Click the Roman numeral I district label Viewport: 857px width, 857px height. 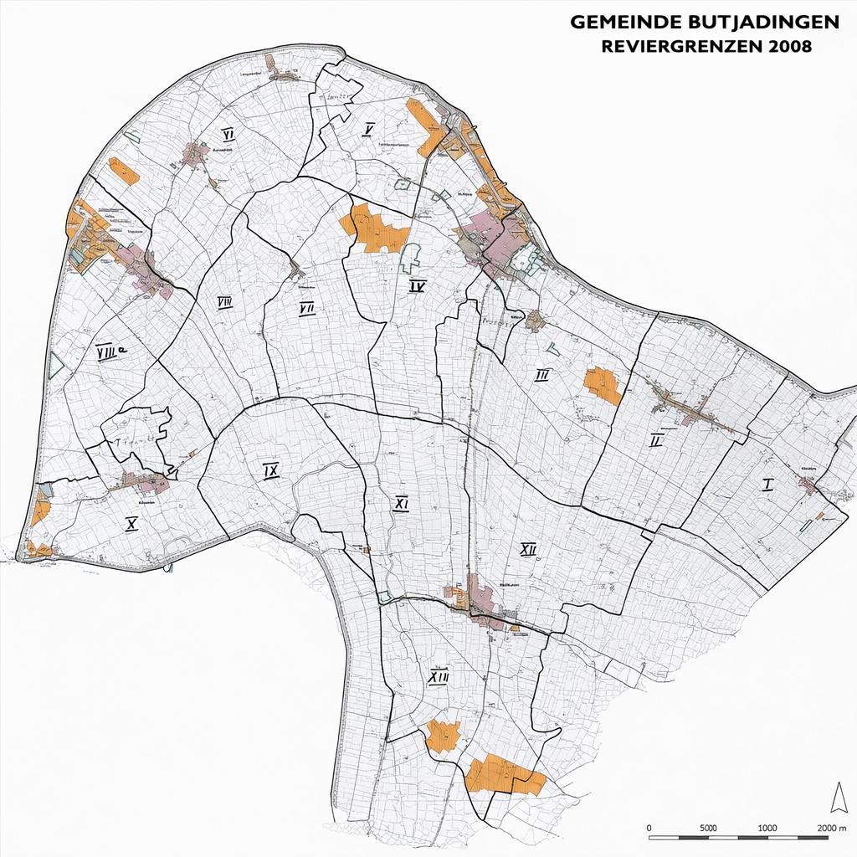tap(767, 485)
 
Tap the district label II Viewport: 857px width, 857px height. tap(656, 439)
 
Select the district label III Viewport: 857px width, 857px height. tap(542, 375)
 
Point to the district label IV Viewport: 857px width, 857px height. tap(418, 287)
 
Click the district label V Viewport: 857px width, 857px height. tap(368, 128)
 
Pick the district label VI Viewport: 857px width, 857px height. tap(227, 134)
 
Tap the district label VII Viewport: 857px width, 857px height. tap(306, 309)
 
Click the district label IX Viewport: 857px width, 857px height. tap(270, 471)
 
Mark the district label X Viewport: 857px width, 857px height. tap(131, 524)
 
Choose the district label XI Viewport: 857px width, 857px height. tap(402, 504)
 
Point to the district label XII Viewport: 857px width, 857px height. tap(528, 549)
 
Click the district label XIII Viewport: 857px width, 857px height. tap(438, 677)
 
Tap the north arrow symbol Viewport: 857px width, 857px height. tap(838, 798)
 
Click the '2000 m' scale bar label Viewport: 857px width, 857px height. tap(833, 828)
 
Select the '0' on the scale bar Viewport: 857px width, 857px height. tap(650, 828)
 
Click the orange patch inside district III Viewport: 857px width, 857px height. tap(603, 384)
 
